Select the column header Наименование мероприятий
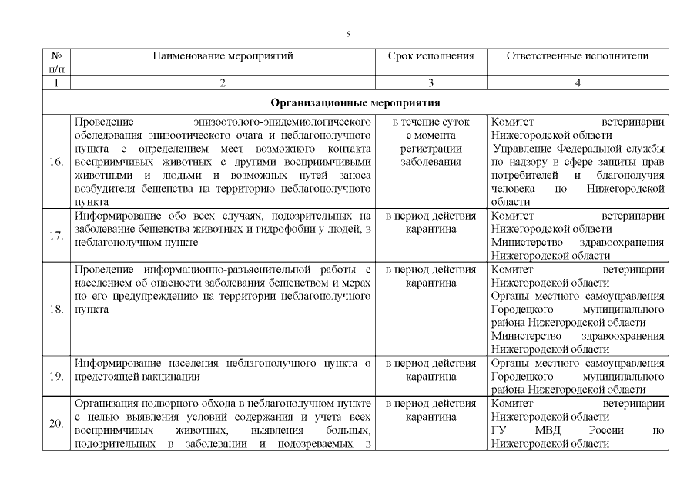click(223, 56)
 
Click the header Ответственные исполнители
click(578, 56)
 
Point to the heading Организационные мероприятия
click(356, 102)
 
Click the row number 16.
click(56, 162)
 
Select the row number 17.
click(56, 235)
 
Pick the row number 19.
click(56, 377)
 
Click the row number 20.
click(56, 424)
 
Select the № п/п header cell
click(56, 62)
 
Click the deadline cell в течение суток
click(431, 122)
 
